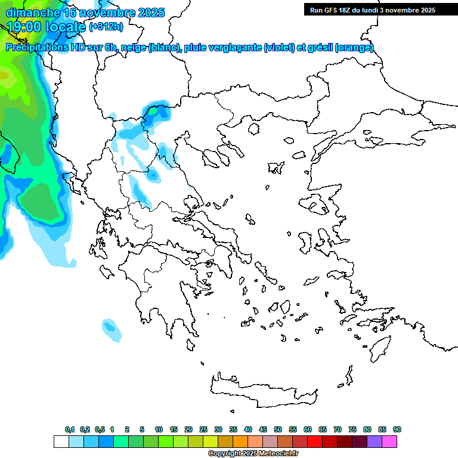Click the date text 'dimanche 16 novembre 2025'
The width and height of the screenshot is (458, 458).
coord(85,13)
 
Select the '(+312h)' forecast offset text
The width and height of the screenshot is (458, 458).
coord(106,27)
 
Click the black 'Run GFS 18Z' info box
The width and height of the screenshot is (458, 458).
coord(372,10)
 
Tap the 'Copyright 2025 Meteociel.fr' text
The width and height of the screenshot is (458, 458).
coord(253,454)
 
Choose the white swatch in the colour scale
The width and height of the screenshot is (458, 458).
coord(61,442)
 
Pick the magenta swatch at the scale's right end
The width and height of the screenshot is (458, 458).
coord(389,442)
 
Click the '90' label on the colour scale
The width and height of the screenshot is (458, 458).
coord(397,429)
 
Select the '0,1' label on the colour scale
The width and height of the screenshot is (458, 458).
coord(70,429)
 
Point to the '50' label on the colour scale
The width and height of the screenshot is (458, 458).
coord(278,429)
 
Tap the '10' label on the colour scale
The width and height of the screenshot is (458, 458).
coord(159,429)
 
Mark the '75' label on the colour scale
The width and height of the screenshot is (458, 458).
coord(352,429)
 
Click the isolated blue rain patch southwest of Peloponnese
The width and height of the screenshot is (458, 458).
coord(110,327)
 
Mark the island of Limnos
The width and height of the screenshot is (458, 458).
coord(276,166)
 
